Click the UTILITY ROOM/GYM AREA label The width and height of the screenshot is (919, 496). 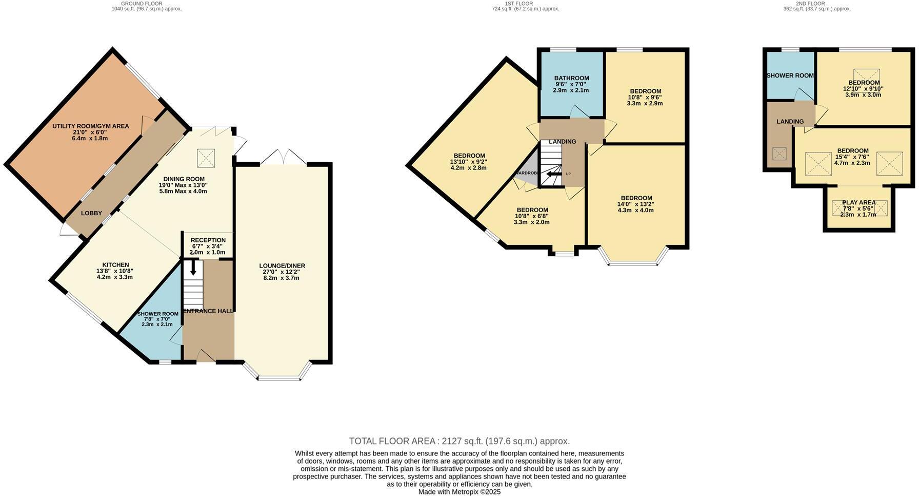point(90,126)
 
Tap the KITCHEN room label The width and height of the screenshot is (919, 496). point(115,265)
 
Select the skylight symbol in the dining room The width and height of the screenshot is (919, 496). point(206,157)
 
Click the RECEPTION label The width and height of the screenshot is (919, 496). point(208,240)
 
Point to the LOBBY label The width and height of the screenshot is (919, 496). point(91,213)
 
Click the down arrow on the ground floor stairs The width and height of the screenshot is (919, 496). point(193,268)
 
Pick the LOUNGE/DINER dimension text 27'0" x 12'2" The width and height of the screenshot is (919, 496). point(282,272)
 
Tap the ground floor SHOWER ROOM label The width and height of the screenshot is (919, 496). point(157,314)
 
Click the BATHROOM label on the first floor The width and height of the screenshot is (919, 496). point(572,78)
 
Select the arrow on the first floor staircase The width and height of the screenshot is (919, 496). point(553,175)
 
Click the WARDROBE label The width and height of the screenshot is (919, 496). point(527,173)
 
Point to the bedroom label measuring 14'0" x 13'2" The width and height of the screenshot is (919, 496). point(636,198)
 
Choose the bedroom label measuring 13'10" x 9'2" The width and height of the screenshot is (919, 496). point(469,156)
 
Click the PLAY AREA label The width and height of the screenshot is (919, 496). point(858,202)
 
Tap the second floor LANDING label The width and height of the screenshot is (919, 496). point(790,122)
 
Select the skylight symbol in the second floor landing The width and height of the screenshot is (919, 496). point(779,154)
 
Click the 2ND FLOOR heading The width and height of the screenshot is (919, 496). point(810,3)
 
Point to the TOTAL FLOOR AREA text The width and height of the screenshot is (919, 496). point(459,441)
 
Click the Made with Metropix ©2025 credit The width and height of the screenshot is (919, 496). point(459,491)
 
